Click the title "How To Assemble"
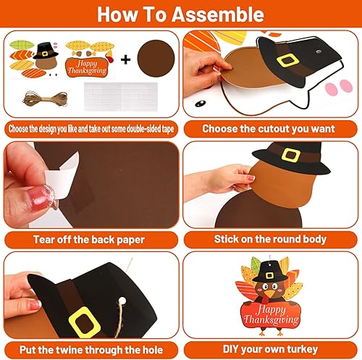click(181, 14)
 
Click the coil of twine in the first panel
click(31, 103)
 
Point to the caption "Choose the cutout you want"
click(269, 129)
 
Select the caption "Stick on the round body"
click(269, 238)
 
